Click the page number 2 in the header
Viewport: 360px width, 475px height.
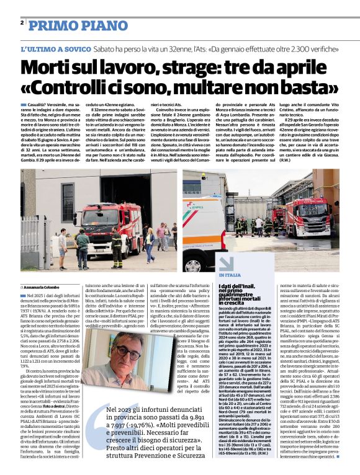point(22,23)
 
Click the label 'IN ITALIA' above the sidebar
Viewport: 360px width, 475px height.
point(230,274)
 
